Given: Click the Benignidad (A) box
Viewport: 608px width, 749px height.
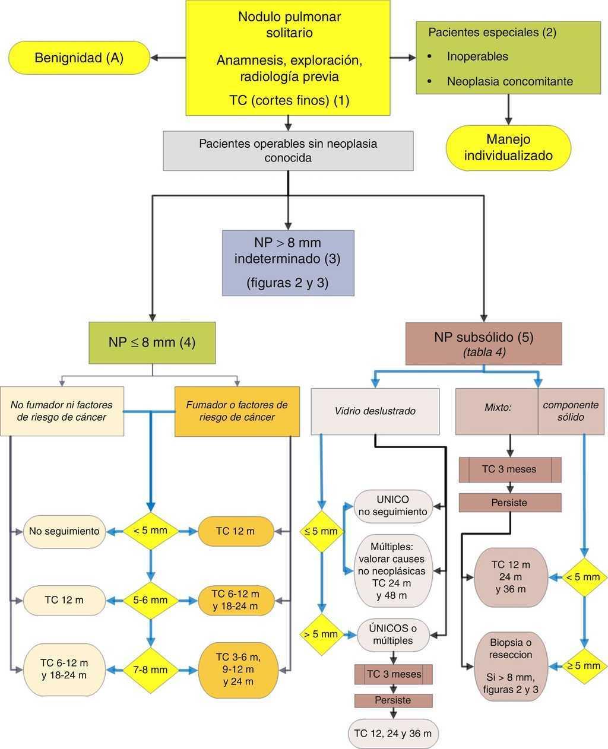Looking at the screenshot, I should [79, 58].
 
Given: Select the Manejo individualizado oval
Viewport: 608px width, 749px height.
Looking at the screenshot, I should [508, 148].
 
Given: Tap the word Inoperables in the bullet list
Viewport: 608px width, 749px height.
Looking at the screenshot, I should [477, 56].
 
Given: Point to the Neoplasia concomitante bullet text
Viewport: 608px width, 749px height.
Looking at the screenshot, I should [509, 81].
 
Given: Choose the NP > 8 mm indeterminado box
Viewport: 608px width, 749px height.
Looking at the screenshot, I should [288, 263].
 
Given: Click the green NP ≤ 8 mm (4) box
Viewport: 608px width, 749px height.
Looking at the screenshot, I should [152, 342].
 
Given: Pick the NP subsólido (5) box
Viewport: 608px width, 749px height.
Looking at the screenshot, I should [483, 344].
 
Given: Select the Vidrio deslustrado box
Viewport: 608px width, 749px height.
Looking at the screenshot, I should [375, 411].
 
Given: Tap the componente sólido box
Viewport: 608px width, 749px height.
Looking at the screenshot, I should [571, 411].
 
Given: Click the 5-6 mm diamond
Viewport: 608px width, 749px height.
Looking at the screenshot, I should [150, 600].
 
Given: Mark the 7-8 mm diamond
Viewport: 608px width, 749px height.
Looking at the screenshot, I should [150, 669].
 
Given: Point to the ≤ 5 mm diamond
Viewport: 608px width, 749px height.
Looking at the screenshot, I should [321, 531].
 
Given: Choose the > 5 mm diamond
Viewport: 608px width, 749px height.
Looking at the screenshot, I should [321, 634].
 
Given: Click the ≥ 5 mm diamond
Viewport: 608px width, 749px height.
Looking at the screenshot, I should [584, 666].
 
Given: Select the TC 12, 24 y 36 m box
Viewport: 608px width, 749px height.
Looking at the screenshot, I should [393, 733].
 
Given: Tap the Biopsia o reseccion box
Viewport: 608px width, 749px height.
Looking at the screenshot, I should [510, 666].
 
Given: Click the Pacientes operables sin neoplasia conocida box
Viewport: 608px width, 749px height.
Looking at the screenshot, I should [288, 151].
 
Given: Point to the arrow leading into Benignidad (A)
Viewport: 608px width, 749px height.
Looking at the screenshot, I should [167, 58].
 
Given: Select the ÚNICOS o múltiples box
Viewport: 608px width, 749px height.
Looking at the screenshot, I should [393, 634].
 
